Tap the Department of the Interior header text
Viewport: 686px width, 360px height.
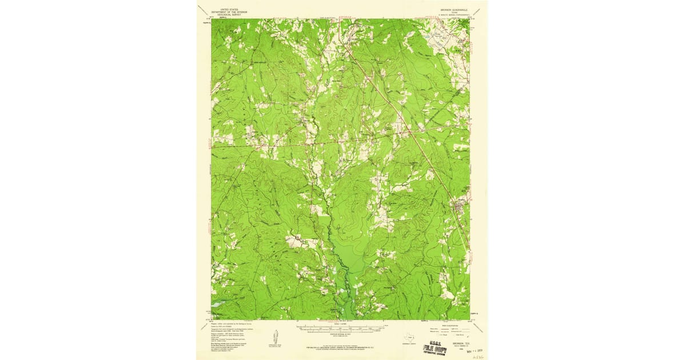(x=226, y=12)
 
